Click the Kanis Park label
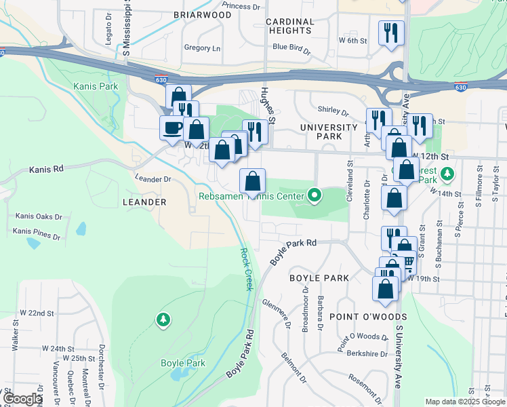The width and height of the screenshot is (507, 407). (x=96, y=86)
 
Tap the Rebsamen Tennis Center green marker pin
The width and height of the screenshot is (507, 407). (x=314, y=196)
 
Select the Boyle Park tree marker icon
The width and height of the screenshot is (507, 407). (x=163, y=319)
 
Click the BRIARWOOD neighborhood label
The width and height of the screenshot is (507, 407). (x=202, y=14)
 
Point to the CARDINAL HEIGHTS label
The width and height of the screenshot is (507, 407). (x=290, y=26)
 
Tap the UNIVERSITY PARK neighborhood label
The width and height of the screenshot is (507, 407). (x=329, y=132)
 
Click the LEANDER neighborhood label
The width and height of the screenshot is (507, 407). (x=144, y=202)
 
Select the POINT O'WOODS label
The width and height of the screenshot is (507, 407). (x=368, y=317)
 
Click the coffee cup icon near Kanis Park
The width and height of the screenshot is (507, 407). (x=172, y=127)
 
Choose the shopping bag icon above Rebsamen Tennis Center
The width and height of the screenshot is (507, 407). (x=252, y=180)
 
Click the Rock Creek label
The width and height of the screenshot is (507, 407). (x=245, y=269)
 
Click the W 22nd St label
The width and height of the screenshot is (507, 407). (x=37, y=313)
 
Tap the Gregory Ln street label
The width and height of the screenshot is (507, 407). (x=202, y=48)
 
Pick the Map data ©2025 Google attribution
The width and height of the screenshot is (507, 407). (x=464, y=402)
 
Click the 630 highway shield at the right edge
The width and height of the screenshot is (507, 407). (x=460, y=87)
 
